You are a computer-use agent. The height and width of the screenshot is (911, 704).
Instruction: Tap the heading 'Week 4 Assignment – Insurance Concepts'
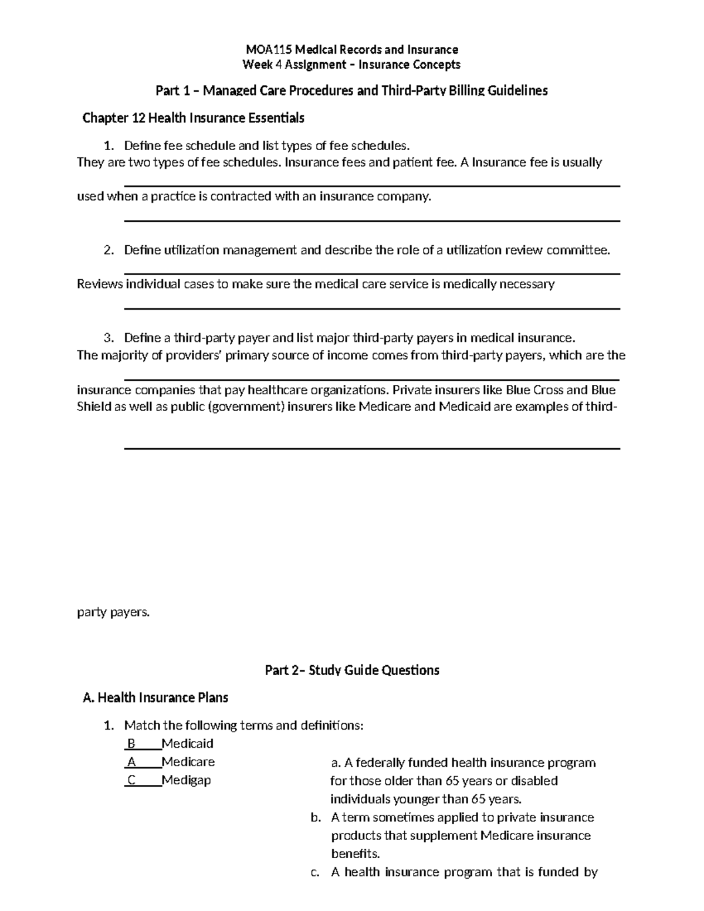coord(351,65)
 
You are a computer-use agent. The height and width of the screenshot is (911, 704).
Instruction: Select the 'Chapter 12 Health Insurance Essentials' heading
coord(193,118)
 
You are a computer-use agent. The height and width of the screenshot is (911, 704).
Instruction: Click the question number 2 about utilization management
coord(108,250)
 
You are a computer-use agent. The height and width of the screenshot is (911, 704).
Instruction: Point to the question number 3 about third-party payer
coord(108,338)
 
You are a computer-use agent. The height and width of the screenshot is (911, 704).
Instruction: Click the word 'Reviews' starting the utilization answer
coord(100,285)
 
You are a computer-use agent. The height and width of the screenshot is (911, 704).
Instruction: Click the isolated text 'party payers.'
coord(113,612)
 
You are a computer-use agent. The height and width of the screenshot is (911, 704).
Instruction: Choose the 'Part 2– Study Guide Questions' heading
coord(351,670)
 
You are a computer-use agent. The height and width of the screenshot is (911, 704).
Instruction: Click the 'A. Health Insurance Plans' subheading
coord(155,697)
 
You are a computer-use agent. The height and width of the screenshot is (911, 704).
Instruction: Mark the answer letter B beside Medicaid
coord(131,744)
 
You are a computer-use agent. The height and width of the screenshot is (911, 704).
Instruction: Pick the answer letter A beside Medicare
coord(131,762)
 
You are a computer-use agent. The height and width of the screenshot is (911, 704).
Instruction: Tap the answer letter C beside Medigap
coord(131,780)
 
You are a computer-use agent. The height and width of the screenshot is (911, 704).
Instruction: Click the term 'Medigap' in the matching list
coord(186,780)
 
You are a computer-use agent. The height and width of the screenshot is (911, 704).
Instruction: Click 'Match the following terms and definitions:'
coord(243,726)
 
